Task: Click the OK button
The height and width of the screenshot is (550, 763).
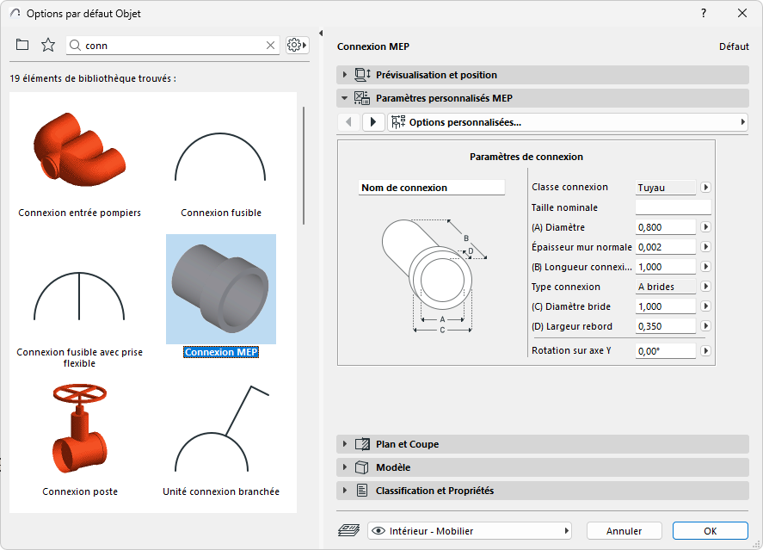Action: click(710, 531)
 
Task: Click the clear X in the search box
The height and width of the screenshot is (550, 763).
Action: click(270, 45)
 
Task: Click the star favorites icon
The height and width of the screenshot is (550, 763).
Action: click(48, 45)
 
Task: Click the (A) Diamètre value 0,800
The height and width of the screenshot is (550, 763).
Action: click(665, 227)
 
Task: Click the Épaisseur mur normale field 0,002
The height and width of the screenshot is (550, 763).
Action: click(665, 247)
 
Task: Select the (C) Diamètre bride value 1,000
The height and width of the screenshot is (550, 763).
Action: click(665, 306)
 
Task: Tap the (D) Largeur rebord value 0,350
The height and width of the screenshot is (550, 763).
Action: click(665, 326)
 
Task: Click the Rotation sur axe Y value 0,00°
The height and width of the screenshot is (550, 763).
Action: click(665, 351)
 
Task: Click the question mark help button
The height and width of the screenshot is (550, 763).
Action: click(704, 13)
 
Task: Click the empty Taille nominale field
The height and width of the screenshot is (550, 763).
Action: click(673, 207)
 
